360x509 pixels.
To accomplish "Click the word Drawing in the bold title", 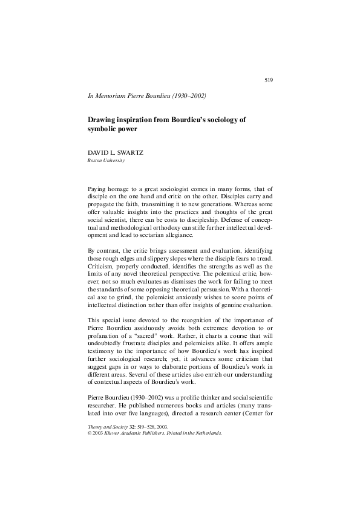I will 103,120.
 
